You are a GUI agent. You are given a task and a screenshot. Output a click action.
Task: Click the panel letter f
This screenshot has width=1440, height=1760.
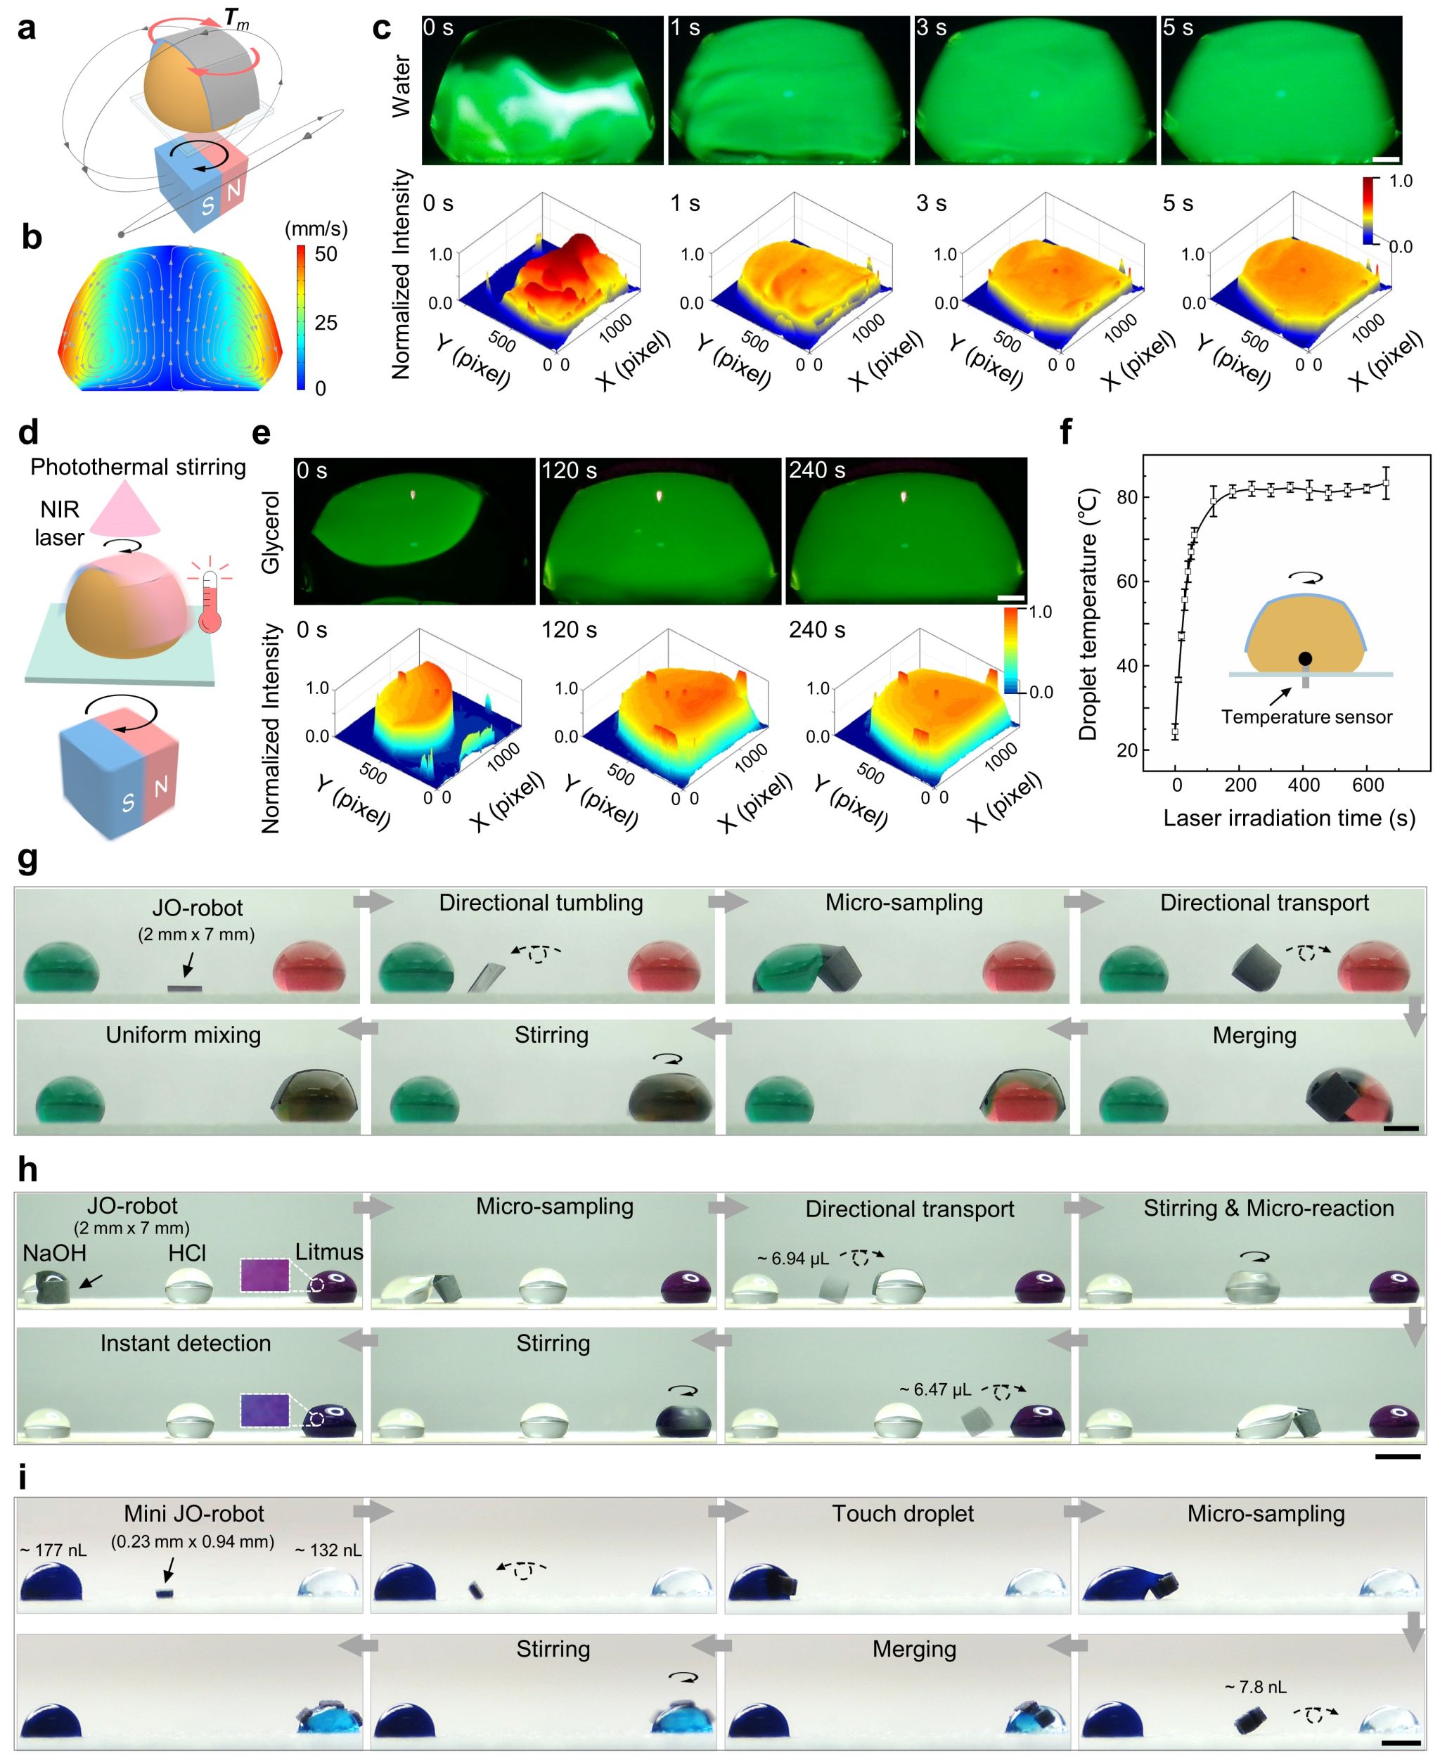coord(1067,432)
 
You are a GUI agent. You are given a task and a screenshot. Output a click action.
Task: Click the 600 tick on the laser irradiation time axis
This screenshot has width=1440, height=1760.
coord(1367,785)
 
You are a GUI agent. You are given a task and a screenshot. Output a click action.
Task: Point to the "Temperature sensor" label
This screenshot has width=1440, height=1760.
coord(1306,717)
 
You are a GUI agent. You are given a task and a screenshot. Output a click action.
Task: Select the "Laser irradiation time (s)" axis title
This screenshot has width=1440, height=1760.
coord(1289,818)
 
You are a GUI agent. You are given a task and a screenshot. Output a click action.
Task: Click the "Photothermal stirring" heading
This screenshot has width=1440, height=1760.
coord(138,467)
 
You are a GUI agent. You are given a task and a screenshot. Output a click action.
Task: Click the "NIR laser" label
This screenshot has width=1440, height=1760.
coord(60,523)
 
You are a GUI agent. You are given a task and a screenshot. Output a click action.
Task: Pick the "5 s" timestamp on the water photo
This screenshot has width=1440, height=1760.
coord(1178,28)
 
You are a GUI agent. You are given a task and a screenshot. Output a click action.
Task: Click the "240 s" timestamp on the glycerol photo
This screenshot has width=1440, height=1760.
coord(816,471)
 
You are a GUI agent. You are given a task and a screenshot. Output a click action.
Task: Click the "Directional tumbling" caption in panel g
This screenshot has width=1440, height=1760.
coord(541,904)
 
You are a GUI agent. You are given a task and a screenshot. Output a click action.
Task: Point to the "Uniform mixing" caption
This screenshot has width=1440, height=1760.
coord(184,1035)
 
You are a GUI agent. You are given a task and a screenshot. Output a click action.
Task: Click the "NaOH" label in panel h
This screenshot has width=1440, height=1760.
coord(55,1252)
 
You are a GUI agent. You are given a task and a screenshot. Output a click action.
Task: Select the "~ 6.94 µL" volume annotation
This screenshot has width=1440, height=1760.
coord(792,1258)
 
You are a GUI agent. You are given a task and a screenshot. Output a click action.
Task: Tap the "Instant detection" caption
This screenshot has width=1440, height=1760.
coord(186,1344)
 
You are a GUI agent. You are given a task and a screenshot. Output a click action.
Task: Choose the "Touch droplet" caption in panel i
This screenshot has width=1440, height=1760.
coord(903,1514)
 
